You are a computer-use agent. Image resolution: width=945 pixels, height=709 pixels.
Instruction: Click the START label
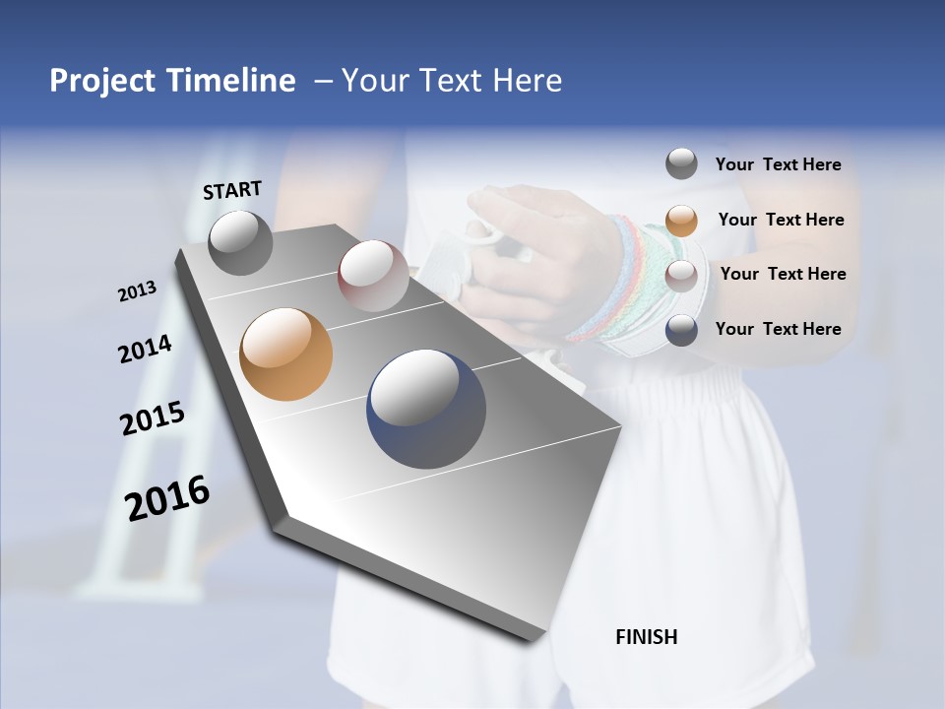[232, 190]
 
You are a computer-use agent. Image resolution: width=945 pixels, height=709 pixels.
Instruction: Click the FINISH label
[646, 637]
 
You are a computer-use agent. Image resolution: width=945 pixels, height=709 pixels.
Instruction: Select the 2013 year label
[137, 291]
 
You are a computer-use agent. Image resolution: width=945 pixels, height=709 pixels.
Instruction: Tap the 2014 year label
[145, 350]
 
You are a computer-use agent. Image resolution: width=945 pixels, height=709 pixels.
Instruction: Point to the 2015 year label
[153, 418]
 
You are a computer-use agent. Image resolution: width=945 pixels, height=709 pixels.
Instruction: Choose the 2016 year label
[167, 497]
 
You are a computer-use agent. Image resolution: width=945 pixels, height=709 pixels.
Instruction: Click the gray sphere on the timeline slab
[240, 242]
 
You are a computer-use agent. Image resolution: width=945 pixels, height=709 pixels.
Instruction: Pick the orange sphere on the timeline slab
[285, 354]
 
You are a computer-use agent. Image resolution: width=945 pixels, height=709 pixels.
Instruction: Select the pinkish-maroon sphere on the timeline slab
[372, 276]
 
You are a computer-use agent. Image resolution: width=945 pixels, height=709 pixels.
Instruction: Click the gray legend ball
[681, 163]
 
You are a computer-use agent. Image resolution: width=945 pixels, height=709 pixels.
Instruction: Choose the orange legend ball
[681, 220]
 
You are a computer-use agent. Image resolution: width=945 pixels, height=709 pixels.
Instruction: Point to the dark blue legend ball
[681, 330]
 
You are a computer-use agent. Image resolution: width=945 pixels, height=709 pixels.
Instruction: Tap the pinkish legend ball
[681, 275]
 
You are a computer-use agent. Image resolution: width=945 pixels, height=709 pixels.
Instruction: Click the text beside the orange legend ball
[781, 220]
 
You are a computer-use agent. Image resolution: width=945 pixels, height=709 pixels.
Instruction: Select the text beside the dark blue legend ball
[778, 329]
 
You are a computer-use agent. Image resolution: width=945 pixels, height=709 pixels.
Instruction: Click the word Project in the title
[103, 81]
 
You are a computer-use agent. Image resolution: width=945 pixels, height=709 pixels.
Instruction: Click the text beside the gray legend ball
[778, 164]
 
